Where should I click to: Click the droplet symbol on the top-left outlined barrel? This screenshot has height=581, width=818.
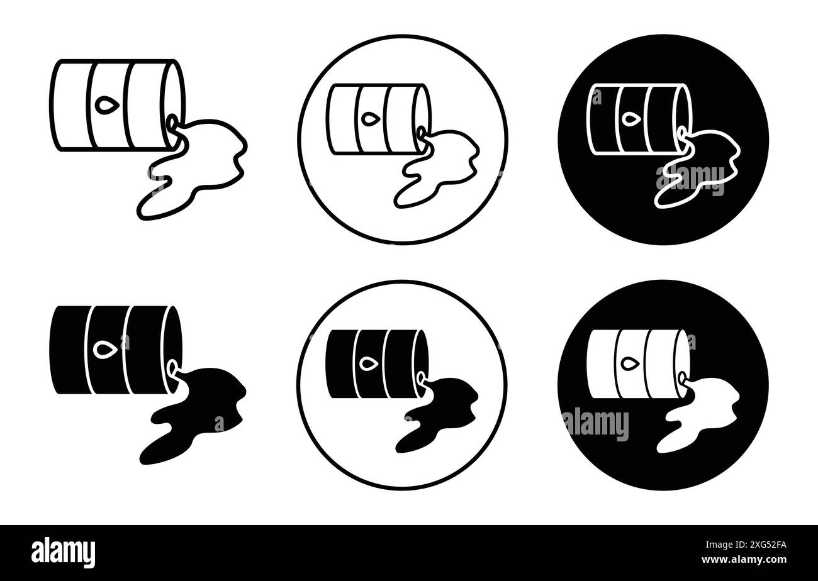pyautogui.click(x=103, y=104)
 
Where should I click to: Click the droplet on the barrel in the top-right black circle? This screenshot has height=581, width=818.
pyautogui.click(x=629, y=118)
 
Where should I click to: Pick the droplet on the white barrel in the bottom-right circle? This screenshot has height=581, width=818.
pyautogui.click(x=629, y=363)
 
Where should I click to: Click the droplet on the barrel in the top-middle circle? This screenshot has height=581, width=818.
pyautogui.click(x=369, y=118)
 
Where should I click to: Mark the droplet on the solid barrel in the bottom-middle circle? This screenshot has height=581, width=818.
pyautogui.click(x=369, y=363)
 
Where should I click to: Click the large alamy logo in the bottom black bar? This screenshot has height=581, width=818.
pyautogui.click(x=64, y=551)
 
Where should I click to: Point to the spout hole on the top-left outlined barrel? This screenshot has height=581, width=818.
pyautogui.click(x=171, y=119)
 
